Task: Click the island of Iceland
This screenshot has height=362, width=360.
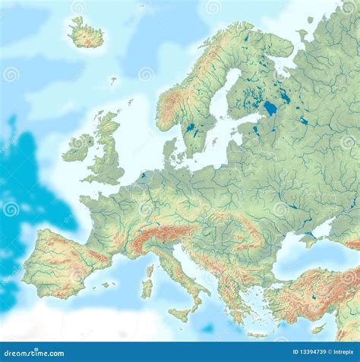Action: click(85, 33)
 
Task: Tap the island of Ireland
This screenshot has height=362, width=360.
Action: click(78, 146)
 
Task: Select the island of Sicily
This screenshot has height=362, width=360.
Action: click(181, 313)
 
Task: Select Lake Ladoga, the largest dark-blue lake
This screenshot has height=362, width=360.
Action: click(270, 109)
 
